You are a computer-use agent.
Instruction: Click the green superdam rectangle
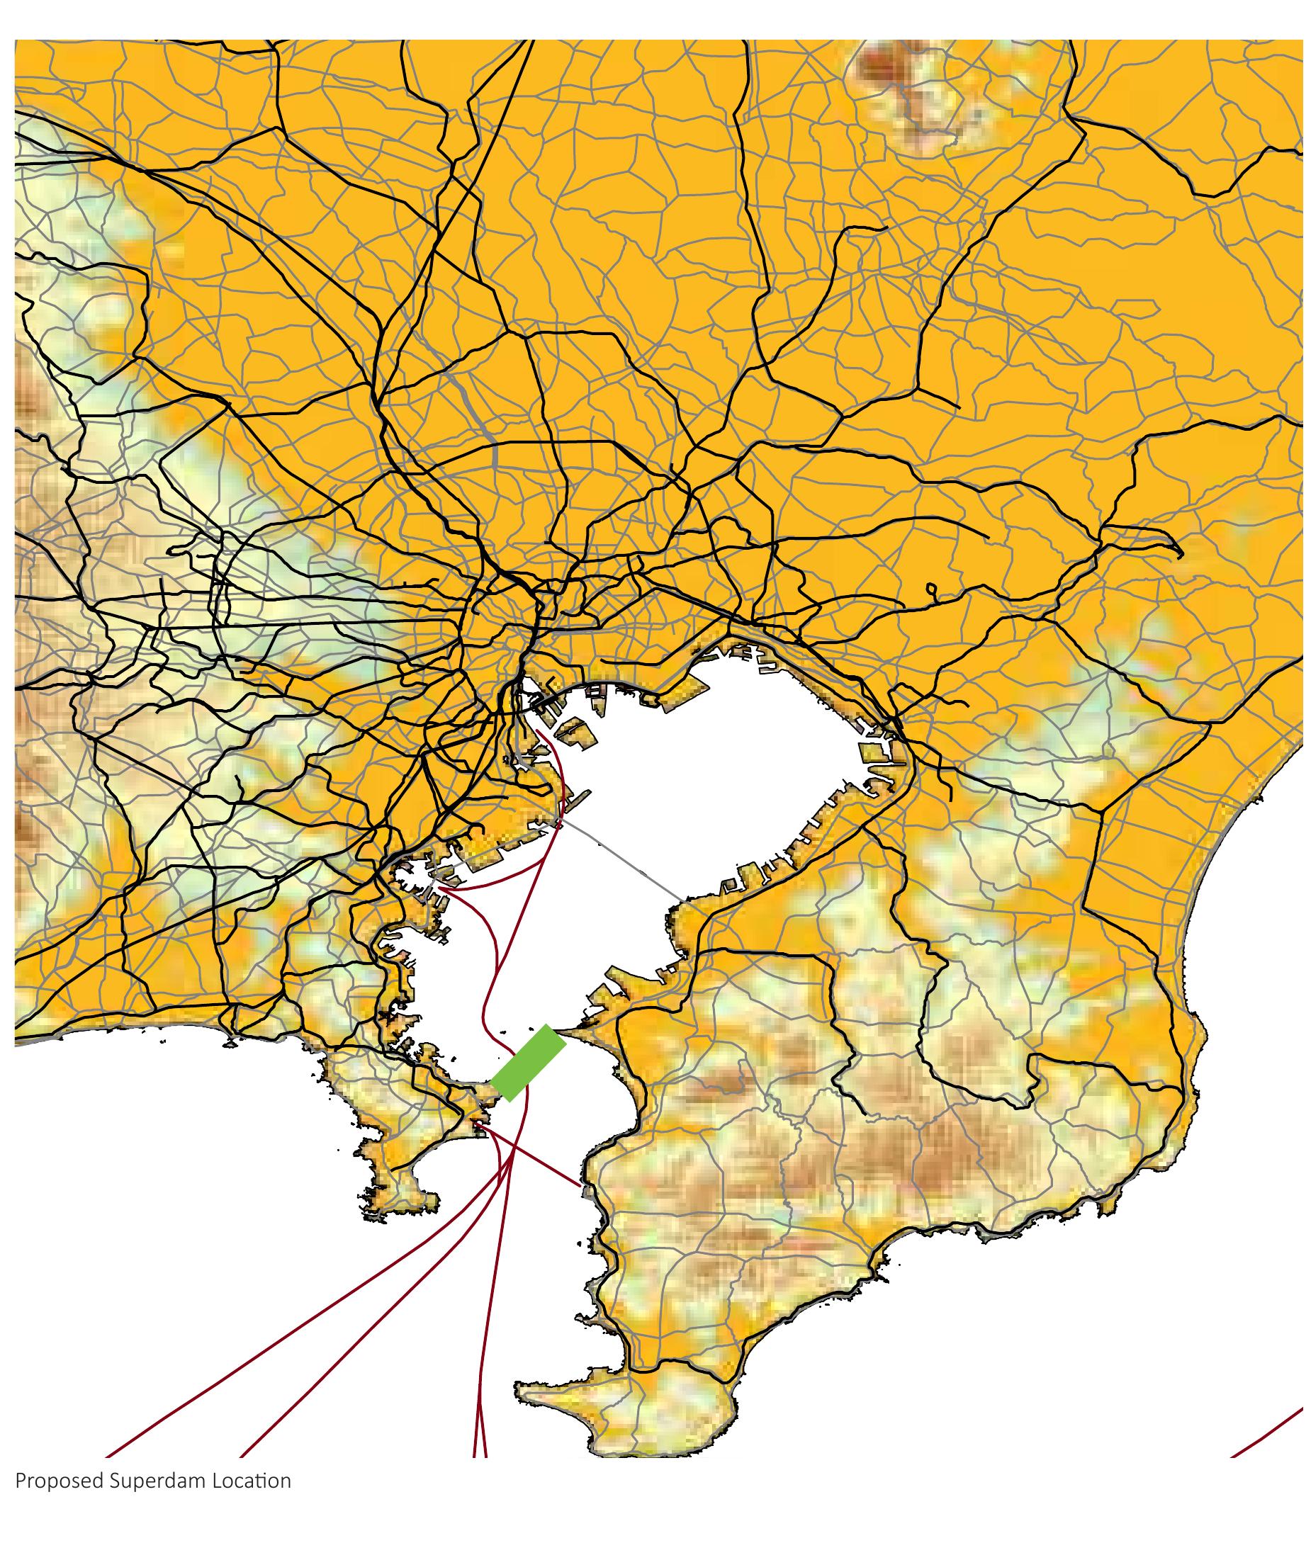tap(528, 1063)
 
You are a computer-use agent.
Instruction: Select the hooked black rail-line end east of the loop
tap(1180, 553)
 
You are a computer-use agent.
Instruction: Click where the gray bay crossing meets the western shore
tap(558, 822)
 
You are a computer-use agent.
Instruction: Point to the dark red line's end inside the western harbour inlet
tap(441, 887)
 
